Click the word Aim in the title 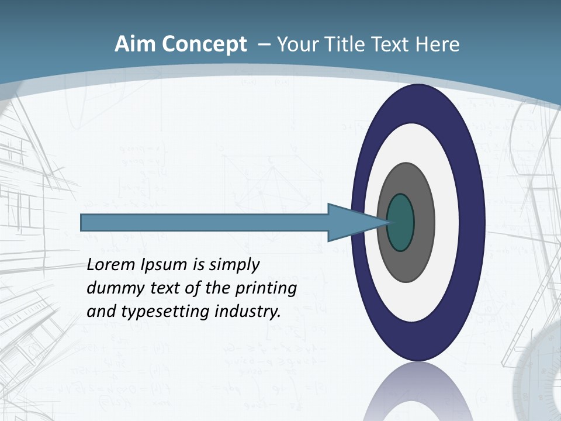[x=135, y=44]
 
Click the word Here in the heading [x=437, y=44]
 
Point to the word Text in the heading [x=392, y=44]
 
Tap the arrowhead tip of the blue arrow [x=386, y=222]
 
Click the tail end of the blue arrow [x=83, y=222]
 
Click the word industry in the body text [x=247, y=312]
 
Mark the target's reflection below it [x=417, y=392]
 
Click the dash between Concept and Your [x=264, y=45]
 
